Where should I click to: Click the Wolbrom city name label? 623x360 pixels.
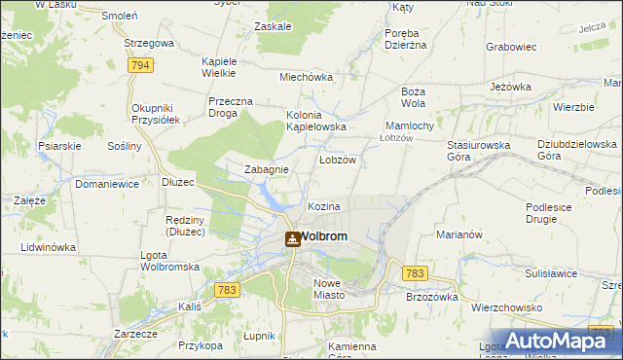pyautogui.click(x=324, y=236)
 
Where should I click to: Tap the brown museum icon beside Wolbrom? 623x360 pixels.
pyautogui.click(x=292, y=238)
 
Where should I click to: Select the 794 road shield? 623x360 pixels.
pyautogui.click(x=141, y=65)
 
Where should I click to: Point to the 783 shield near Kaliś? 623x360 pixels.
pyautogui.click(x=228, y=290)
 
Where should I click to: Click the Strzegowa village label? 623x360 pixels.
pyautogui.click(x=149, y=44)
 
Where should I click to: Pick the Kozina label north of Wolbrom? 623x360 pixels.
pyautogui.click(x=324, y=207)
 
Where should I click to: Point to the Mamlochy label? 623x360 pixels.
pyautogui.click(x=416, y=126)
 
